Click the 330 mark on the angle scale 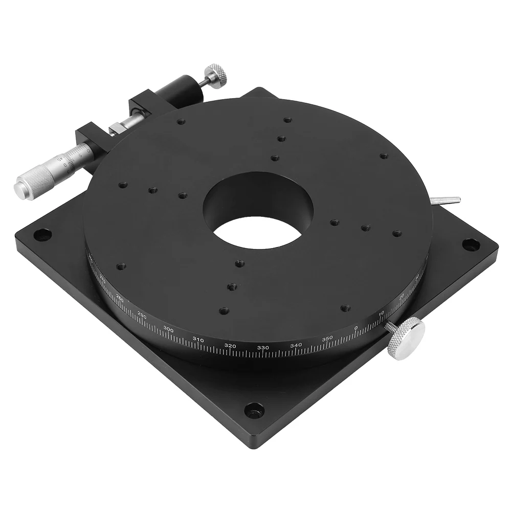[x=263, y=348]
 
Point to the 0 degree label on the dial [x=356, y=328]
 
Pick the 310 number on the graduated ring [x=198, y=340]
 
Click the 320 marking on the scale [x=230, y=346]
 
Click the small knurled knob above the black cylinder [x=216, y=76]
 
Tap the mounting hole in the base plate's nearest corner [x=254, y=409]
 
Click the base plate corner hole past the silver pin [x=471, y=244]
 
